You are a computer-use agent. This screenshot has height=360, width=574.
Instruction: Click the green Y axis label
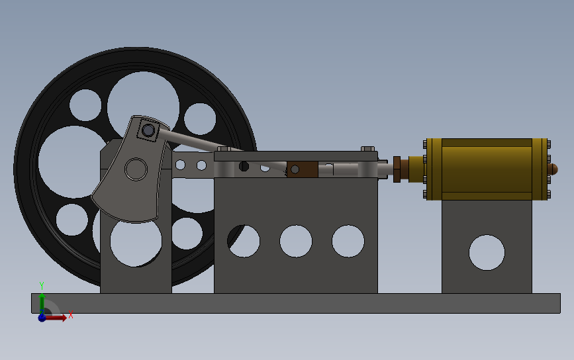pos(41,286)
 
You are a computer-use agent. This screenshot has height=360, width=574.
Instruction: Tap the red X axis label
pos(71,314)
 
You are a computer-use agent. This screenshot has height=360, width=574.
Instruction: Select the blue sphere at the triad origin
pos(42,317)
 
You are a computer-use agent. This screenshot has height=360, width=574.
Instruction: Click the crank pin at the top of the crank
pos(148,130)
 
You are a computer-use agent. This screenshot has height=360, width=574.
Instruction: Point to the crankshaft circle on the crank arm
pos(136,169)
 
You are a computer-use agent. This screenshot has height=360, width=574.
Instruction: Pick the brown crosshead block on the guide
pos(303,169)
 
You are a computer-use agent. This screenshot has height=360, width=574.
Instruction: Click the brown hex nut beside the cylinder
pos(397,169)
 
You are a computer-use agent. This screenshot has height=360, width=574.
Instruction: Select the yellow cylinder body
pos(487,169)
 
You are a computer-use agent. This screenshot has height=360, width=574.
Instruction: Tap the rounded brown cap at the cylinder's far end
pos(553,169)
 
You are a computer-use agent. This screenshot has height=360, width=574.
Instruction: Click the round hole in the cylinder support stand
pos(487,252)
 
